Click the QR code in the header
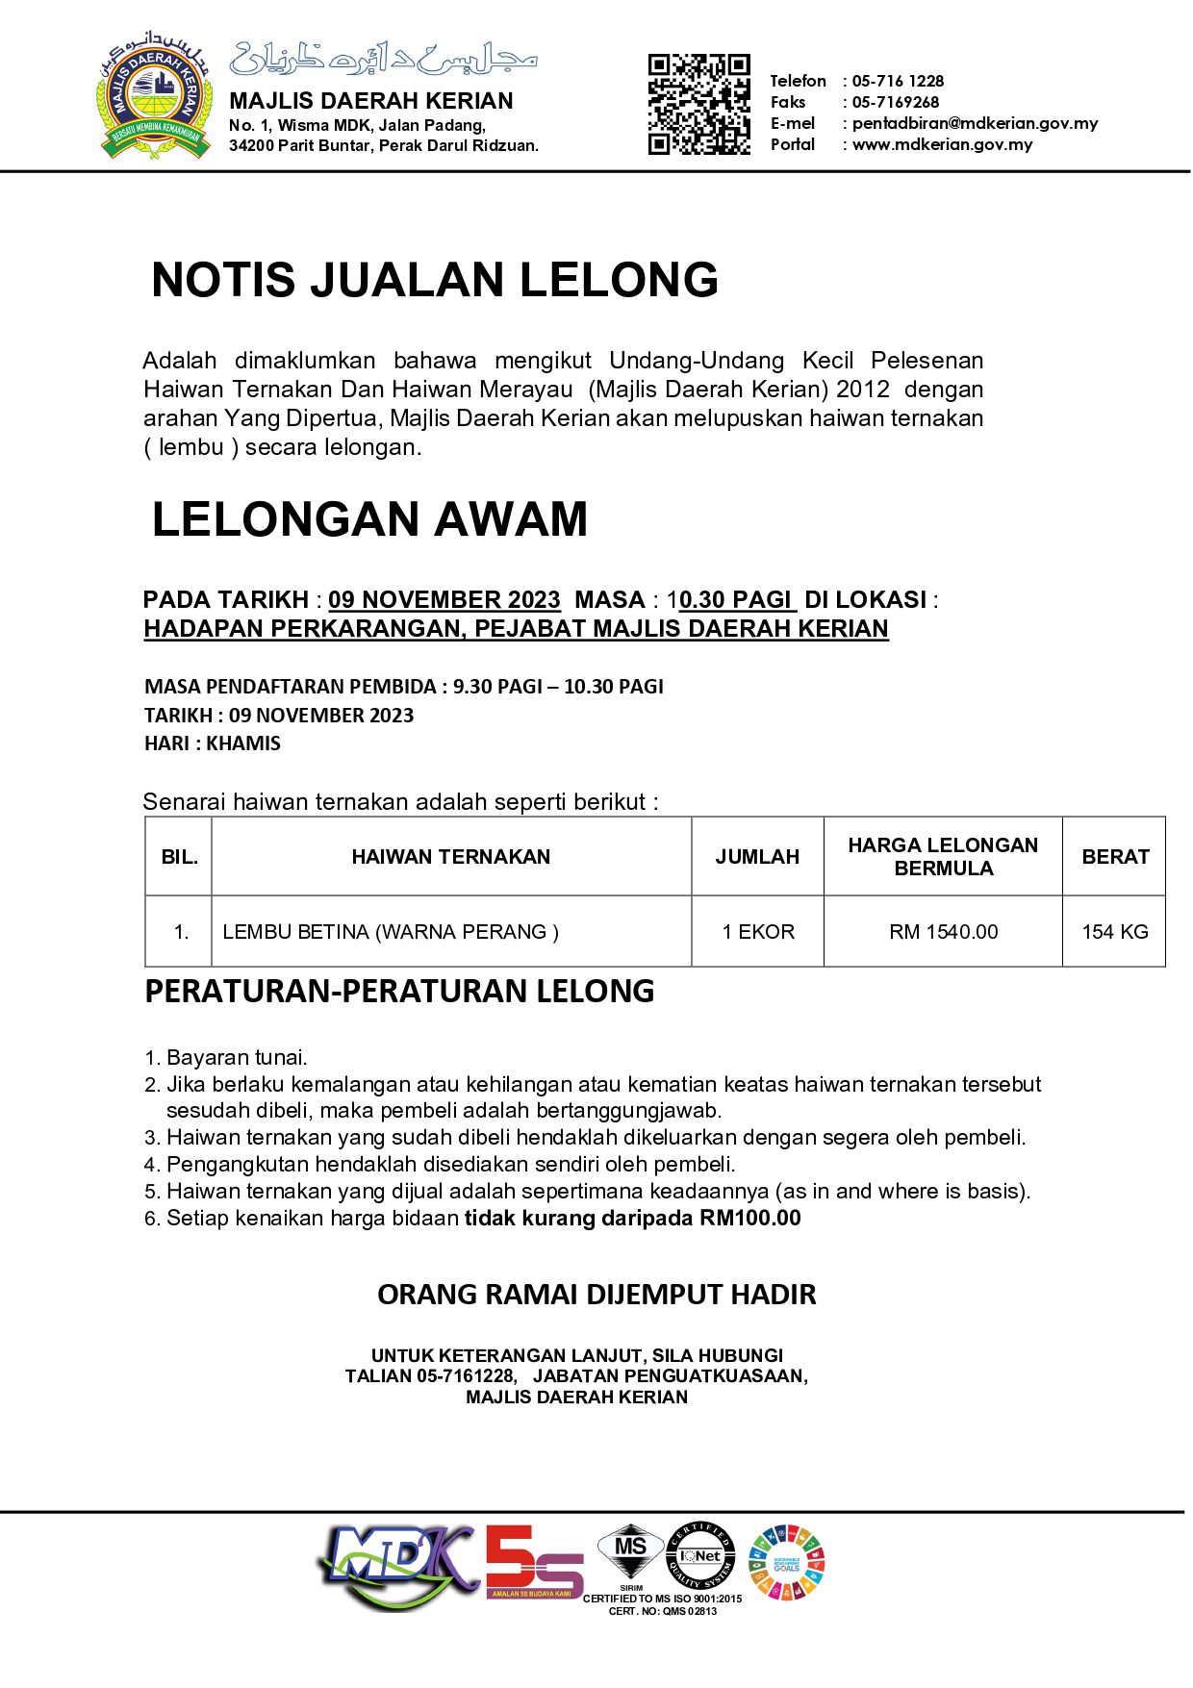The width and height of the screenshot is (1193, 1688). [698, 105]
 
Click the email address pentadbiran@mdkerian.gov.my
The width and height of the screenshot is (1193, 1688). [975, 123]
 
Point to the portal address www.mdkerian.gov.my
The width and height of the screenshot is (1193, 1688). [942, 144]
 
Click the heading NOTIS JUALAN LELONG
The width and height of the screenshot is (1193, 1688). [435, 280]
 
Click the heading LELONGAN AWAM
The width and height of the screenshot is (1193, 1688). [369, 519]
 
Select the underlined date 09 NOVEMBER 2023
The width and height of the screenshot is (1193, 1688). [444, 599]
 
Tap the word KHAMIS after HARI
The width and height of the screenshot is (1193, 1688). [243, 743]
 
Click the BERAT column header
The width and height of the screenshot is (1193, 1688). [1115, 857]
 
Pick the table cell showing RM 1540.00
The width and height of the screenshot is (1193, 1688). [943, 932]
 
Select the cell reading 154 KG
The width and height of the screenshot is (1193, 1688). [1115, 932]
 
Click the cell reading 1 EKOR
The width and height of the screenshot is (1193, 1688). [758, 932]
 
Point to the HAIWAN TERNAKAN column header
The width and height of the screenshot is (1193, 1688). [450, 857]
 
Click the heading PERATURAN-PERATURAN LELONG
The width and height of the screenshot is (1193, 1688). [399, 991]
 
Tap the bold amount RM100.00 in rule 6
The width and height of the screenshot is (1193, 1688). [750, 1219]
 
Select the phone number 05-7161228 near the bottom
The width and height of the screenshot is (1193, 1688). [466, 1376]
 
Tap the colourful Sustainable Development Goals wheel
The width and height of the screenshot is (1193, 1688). [787, 1562]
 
